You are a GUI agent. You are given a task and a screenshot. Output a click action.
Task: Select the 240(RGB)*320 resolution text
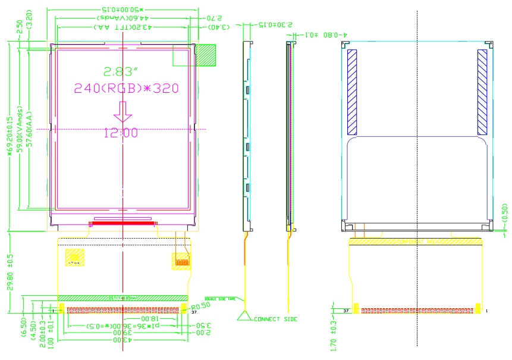(x=125, y=88)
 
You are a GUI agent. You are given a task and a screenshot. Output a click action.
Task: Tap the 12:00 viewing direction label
(x=121, y=133)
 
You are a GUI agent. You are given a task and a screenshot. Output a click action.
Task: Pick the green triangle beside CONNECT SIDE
(x=245, y=316)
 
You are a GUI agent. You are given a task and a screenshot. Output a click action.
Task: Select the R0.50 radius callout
(x=201, y=305)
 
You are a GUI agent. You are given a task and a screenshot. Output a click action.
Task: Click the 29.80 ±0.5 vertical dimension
(x=10, y=271)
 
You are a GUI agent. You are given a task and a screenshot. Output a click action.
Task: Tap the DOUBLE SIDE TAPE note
(x=219, y=299)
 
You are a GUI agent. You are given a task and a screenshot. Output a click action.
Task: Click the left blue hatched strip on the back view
(x=352, y=91)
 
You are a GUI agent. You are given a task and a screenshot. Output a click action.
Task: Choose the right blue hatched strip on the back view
(x=482, y=91)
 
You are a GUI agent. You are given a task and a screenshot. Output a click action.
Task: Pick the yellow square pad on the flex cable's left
(x=76, y=257)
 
